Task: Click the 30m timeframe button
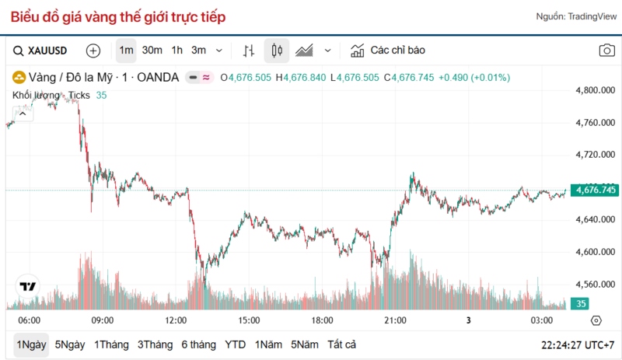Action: pos(152,51)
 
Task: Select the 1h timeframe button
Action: pos(177,51)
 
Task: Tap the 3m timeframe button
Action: pos(199,51)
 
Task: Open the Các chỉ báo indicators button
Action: pos(389,51)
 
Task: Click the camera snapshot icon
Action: pos(606,51)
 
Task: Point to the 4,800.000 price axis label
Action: pos(596,90)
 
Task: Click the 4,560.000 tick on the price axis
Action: pos(596,285)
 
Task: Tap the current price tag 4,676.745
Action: pos(595,190)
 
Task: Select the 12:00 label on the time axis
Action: pos(176,320)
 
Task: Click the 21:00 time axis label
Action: pos(395,320)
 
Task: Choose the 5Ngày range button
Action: pos(70,344)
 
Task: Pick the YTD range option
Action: pos(235,344)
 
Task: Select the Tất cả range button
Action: pos(341,344)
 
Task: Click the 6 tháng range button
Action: pos(198,344)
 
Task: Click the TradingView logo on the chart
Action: pos(28,286)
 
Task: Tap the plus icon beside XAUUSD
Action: pos(93,51)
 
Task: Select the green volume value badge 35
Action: pos(581,304)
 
